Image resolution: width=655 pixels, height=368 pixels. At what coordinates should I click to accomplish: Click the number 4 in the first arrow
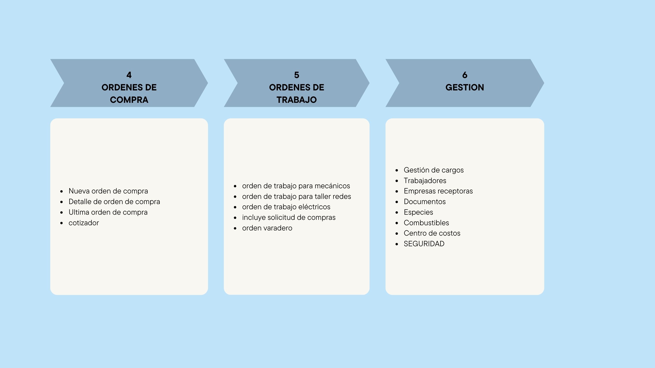(x=129, y=75)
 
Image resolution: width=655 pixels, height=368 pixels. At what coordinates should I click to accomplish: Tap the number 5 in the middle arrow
(x=296, y=75)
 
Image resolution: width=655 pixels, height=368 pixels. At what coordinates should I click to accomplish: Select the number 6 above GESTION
(x=465, y=75)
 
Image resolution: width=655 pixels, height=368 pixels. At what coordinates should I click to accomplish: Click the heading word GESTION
(x=465, y=87)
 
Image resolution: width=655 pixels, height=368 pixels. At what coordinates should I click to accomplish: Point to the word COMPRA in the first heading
(x=129, y=100)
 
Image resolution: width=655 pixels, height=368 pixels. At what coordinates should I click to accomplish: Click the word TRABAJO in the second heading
(x=296, y=100)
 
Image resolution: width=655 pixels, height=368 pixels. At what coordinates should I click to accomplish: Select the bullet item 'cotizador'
(x=84, y=223)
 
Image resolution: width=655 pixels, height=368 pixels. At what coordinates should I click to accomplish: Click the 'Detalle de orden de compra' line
(x=114, y=202)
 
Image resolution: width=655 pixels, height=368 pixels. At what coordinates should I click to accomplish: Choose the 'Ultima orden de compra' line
(x=108, y=212)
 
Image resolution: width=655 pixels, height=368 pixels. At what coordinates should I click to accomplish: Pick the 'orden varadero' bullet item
(x=267, y=228)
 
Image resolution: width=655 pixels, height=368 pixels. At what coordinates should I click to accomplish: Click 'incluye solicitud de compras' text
(x=289, y=218)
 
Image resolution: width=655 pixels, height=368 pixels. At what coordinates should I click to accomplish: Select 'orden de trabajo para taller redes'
(x=296, y=196)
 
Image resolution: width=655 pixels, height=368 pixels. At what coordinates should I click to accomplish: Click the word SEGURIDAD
(x=424, y=244)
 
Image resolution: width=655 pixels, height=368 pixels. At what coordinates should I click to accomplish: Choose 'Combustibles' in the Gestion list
(x=426, y=223)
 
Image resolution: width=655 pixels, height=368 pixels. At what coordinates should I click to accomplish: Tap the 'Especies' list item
(x=418, y=212)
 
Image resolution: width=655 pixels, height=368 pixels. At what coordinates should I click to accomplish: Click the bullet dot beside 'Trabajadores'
(x=397, y=181)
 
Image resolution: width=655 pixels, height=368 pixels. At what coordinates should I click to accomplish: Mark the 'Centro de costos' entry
(x=432, y=233)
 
